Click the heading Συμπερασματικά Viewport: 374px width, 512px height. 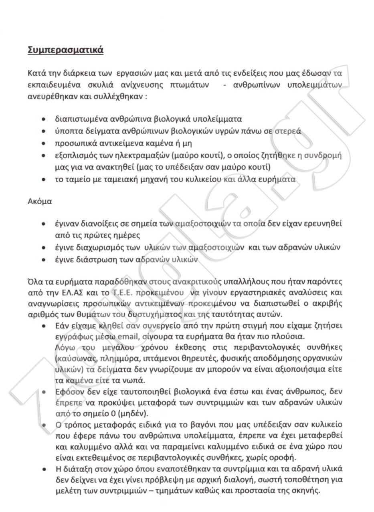(65, 50)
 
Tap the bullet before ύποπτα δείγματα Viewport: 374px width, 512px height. (44, 131)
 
